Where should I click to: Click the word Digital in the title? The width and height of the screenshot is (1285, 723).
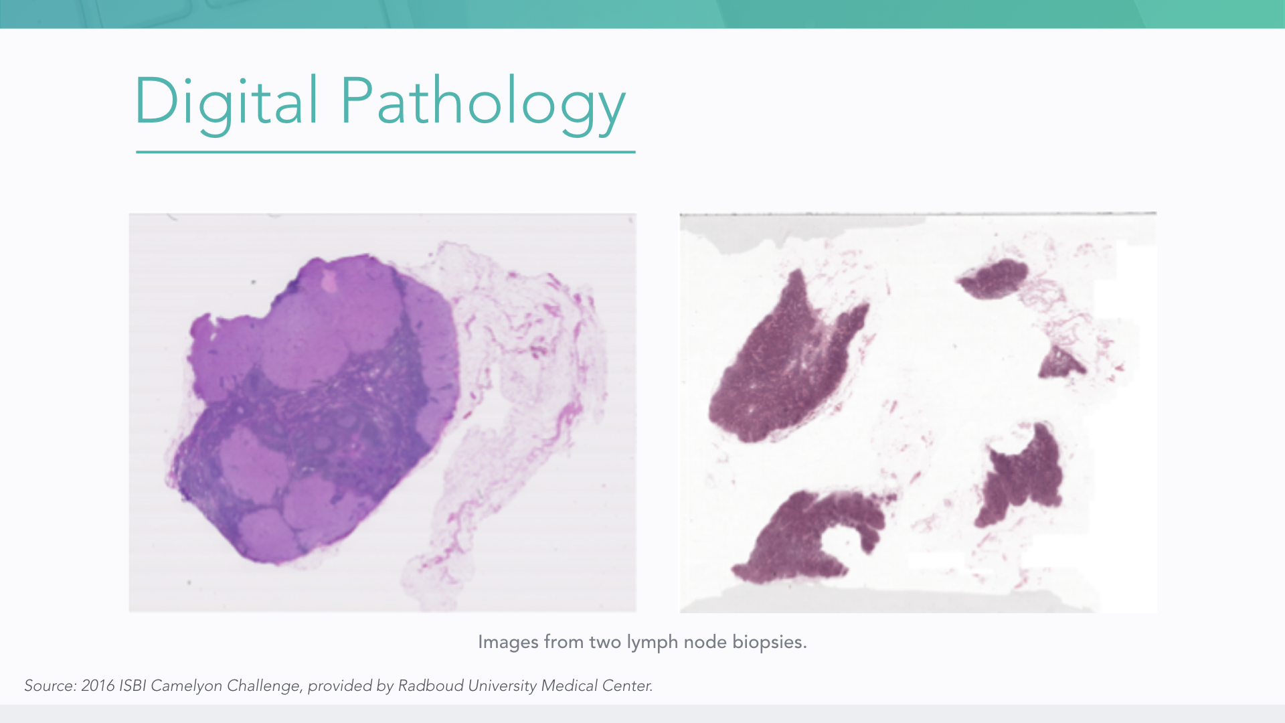coord(227,102)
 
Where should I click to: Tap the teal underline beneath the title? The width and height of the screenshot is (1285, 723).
coord(385,152)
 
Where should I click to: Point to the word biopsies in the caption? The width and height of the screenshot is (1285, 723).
coord(769,642)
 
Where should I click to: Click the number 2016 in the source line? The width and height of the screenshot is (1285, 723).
coord(98,686)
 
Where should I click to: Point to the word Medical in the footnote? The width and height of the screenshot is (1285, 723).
coord(569,686)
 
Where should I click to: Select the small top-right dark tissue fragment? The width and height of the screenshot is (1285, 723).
coord(993,278)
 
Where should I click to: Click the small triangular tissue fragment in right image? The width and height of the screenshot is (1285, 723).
coord(1061,363)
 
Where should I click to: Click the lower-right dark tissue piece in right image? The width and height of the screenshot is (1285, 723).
coord(1021,475)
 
